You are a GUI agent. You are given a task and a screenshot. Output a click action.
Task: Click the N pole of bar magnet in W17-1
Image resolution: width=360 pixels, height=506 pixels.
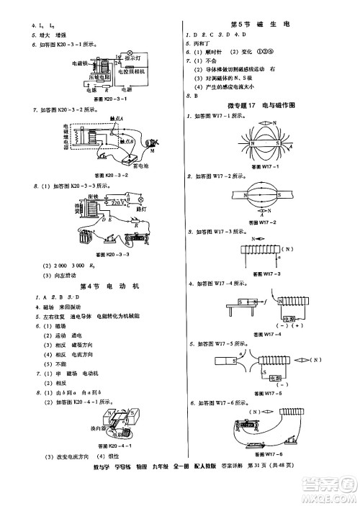[253, 143]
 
